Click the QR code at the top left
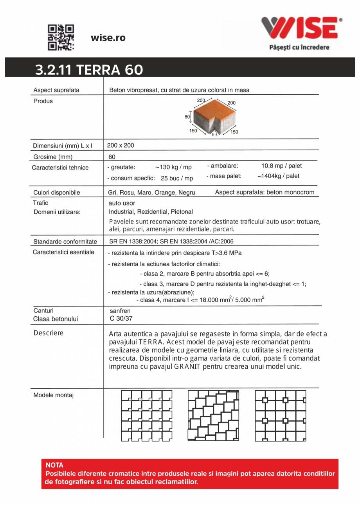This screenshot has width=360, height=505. [x=61, y=38]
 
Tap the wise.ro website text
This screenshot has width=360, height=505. [x=108, y=38]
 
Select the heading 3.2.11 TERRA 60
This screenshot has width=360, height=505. [x=89, y=70]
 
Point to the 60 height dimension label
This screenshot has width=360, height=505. [x=187, y=117]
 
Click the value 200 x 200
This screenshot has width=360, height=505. [x=121, y=145]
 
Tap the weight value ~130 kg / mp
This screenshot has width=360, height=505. [x=173, y=167]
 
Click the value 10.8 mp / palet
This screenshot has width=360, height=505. [x=281, y=166]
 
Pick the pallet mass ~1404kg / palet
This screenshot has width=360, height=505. [x=278, y=176]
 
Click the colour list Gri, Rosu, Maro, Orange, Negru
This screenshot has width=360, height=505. [x=151, y=193]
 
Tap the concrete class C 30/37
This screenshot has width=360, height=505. [x=121, y=318]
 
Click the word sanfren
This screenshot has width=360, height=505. [x=120, y=311]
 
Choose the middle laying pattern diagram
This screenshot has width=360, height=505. [x=213, y=415]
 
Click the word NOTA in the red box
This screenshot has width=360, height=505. [x=54, y=465]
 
